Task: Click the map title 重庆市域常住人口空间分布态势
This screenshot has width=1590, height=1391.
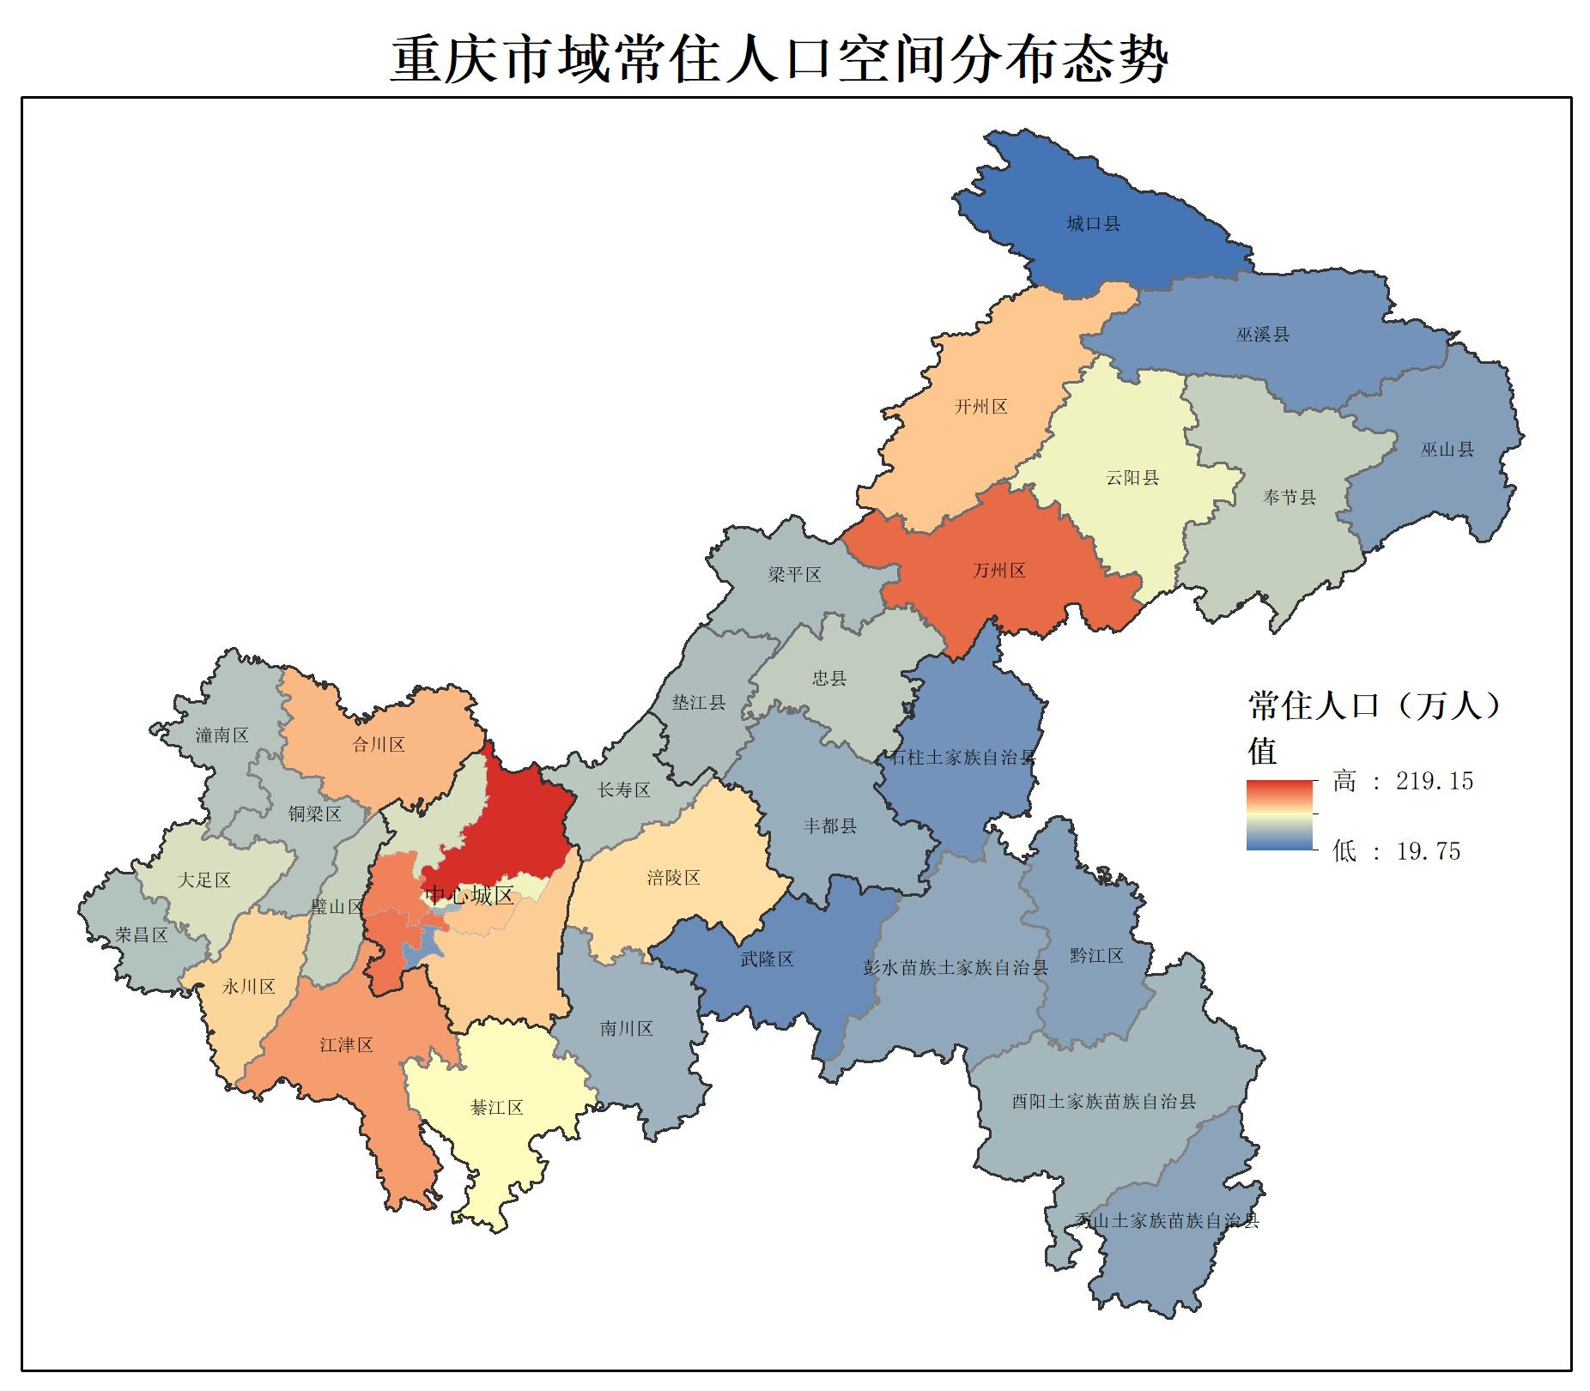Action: pos(779,59)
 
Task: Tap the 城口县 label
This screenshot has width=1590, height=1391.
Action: pos(1093,224)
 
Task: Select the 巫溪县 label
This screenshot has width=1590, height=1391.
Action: pos(1262,335)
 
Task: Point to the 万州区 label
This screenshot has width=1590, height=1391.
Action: pos(998,571)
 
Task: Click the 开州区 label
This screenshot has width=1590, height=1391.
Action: pos(980,407)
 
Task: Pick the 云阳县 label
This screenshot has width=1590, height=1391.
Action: pos(1132,478)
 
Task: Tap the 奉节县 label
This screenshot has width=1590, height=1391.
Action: pos(1289,497)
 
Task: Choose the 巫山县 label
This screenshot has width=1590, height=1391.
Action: pos(1447,449)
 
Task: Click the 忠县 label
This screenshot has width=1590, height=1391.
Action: pos(828,679)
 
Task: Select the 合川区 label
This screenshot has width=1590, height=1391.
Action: pos(378,745)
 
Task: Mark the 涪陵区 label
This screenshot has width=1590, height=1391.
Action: pos(673,878)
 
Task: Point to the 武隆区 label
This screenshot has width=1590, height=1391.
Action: pos(767,959)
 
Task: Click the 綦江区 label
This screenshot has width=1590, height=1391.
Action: pos(496,1108)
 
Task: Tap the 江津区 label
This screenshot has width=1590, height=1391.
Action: pos(346,1045)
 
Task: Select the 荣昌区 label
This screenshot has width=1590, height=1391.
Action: pos(142,935)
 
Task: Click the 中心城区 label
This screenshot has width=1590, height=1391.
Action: pos(470,896)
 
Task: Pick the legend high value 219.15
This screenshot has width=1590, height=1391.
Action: pos(1434,781)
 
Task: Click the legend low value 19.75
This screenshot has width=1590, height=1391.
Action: pos(1428,851)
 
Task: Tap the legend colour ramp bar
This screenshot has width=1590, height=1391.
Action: pos(1279,815)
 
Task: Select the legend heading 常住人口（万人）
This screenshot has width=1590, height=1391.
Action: pos(1374,706)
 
